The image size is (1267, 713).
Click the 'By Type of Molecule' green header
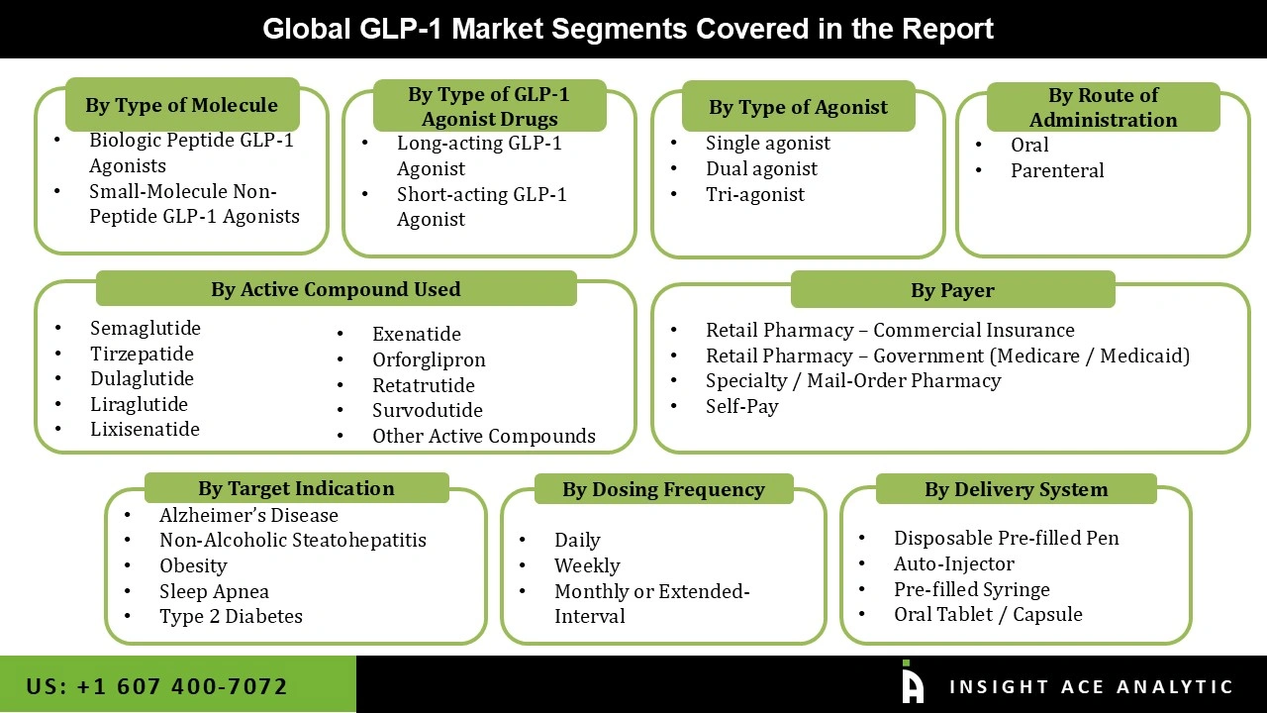(182, 105)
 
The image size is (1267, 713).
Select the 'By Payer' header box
(952, 290)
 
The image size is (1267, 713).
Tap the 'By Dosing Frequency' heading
(663, 489)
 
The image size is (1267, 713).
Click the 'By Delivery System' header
(1016, 489)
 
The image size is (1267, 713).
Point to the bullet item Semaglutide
(146, 328)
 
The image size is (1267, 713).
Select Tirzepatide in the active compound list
(142, 354)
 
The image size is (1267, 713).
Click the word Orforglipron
(429, 359)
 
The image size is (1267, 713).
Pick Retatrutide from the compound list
(424, 385)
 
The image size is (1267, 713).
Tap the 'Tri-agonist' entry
(754, 195)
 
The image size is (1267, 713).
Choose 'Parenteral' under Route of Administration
(1057, 170)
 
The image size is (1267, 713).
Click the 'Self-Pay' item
(742, 406)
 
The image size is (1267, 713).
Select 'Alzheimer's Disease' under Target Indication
(248, 515)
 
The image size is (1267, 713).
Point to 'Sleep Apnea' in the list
(215, 591)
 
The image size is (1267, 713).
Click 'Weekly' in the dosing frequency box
(587, 565)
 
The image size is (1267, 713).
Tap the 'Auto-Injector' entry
(954, 563)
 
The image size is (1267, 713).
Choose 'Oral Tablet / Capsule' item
(988, 614)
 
